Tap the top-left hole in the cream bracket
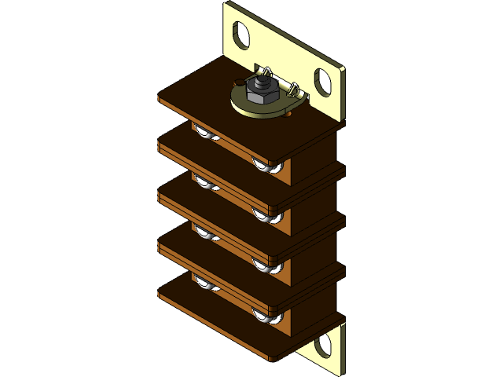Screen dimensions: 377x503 pos(241,34)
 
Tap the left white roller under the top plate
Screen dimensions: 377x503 pos(207,135)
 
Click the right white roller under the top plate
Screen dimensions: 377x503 pos(267,167)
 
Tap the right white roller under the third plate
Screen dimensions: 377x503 pos(267,265)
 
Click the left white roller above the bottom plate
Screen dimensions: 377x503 pos(207,284)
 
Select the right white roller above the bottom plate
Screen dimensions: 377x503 pos(267,316)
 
